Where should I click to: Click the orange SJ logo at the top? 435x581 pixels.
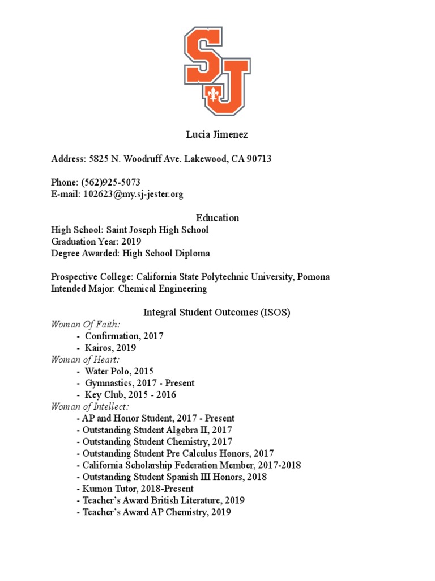coord(217,70)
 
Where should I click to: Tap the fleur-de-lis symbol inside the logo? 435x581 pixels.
coord(214,94)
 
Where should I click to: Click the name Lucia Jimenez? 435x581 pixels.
coord(217,135)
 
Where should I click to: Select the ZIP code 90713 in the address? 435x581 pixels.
coord(258,159)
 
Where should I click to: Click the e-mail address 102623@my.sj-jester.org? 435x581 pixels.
coord(133,194)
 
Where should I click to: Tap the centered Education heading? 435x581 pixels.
coord(217,218)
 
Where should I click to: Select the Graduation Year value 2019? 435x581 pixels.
coord(130,242)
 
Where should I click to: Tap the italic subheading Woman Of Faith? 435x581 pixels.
coord(86,324)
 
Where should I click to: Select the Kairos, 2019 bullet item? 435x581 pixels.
coord(110,348)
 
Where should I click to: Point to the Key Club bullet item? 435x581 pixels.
coord(130,395)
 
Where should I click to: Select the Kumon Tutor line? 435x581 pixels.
coord(138,489)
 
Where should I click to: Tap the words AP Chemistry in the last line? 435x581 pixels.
coord(178,512)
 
